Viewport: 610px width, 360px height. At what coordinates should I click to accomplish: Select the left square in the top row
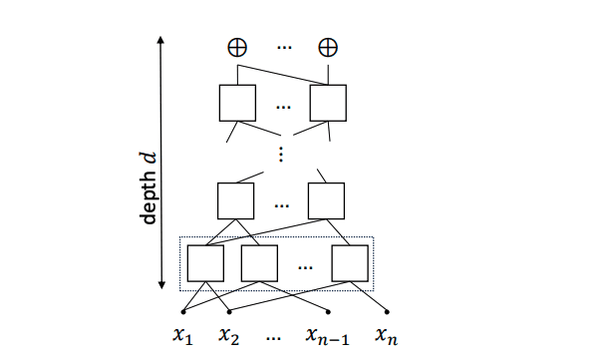click(237, 103)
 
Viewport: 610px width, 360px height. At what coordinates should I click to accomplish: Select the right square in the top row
click(327, 103)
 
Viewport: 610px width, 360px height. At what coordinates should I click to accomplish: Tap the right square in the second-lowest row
click(327, 199)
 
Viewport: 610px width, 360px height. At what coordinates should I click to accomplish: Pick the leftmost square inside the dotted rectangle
click(206, 263)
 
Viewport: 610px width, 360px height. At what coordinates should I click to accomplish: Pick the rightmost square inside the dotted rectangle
click(351, 263)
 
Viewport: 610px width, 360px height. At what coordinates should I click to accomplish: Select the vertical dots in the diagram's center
click(282, 153)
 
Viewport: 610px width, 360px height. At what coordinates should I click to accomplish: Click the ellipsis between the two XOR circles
click(282, 47)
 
